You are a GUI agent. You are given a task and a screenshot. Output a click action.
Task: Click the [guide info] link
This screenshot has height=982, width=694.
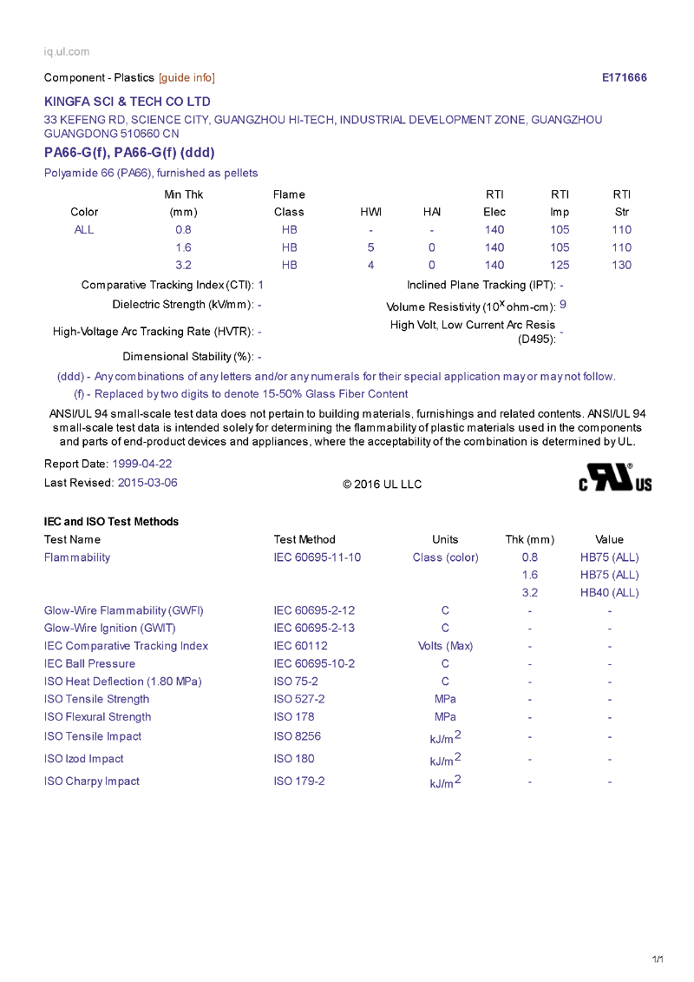pyautogui.click(x=187, y=78)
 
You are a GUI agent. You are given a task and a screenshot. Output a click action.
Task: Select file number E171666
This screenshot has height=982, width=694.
pyautogui.click(x=624, y=78)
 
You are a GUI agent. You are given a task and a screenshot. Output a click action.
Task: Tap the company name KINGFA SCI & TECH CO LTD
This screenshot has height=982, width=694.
pyautogui.click(x=128, y=102)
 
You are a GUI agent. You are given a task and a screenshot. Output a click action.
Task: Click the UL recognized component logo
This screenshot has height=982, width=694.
pyautogui.click(x=615, y=478)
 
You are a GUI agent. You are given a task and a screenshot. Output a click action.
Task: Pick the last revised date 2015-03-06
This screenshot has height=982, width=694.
pyautogui.click(x=147, y=483)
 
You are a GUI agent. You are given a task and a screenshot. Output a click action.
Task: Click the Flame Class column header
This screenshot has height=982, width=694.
pyautogui.click(x=289, y=203)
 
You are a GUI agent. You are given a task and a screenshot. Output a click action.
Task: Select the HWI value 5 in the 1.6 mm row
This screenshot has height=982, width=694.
pyautogui.click(x=370, y=247)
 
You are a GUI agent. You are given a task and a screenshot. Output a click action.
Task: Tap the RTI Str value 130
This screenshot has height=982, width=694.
pyautogui.click(x=621, y=265)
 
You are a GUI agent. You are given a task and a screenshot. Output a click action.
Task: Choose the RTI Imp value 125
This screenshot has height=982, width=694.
pyautogui.click(x=560, y=265)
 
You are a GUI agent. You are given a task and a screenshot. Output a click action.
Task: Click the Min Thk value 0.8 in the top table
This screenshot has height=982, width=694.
pyautogui.click(x=183, y=230)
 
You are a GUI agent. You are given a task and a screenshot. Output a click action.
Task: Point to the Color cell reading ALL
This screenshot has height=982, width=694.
pyautogui.click(x=84, y=230)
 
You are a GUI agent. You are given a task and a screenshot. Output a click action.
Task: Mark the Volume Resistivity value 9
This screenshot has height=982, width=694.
pyautogui.click(x=563, y=304)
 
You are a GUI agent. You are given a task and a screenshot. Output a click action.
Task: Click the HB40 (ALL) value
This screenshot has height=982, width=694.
pyautogui.click(x=609, y=593)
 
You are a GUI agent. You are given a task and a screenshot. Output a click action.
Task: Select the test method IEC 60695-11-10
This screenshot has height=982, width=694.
pyautogui.click(x=317, y=557)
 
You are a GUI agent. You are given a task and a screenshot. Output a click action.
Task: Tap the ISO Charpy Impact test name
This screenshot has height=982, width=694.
pyautogui.click(x=92, y=781)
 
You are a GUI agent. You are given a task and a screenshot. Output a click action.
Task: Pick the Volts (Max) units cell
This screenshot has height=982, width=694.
pyautogui.click(x=445, y=646)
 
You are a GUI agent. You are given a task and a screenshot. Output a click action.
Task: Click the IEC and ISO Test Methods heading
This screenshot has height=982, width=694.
pyautogui.click(x=111, y=522)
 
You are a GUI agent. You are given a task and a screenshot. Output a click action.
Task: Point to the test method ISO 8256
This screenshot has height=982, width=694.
pyautogui.click(x=297, y=736)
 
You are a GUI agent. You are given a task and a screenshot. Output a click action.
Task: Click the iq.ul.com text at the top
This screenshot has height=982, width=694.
pyautogui.click(x=67, y=52)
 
